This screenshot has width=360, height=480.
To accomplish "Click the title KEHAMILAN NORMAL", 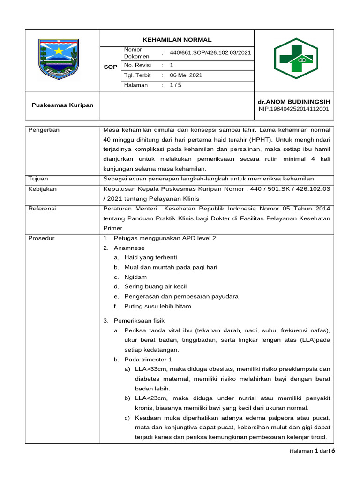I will point(177,40).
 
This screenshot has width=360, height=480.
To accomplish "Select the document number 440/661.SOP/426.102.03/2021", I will point(210,53).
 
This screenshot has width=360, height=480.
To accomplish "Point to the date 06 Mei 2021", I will point(186,75).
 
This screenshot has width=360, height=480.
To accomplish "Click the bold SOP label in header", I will point(110,67).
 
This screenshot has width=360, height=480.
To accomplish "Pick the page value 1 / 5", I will point(176,85).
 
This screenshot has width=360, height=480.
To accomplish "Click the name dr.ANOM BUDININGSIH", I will point(294,102).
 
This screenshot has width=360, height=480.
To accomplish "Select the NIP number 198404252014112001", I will point(294,109).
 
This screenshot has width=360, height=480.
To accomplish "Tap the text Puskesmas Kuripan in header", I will point(62,105).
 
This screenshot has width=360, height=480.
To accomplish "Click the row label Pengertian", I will point(44,130).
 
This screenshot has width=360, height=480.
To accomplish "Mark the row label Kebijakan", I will point(43,188).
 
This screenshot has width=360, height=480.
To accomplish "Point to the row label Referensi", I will point(42,209).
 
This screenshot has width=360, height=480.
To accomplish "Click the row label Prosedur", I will point(41,238).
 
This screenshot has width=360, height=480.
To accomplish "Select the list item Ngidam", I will point(135,277).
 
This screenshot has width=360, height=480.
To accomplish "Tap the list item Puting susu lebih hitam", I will point(157,306).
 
